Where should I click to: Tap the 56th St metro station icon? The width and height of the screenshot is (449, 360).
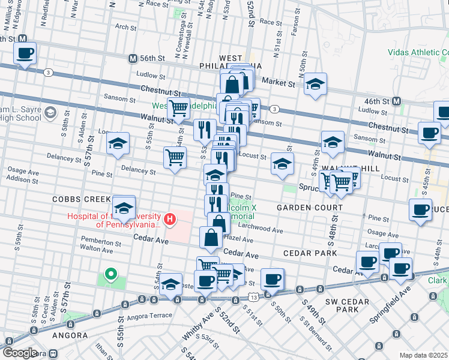pos(133,58)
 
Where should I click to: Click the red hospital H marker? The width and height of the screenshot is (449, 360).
pos(170,220)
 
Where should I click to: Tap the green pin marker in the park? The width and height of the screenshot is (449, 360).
pos(110,275)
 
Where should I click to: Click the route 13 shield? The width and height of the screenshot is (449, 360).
pos(255,297)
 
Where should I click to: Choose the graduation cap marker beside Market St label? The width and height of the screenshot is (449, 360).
pos(315,85)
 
